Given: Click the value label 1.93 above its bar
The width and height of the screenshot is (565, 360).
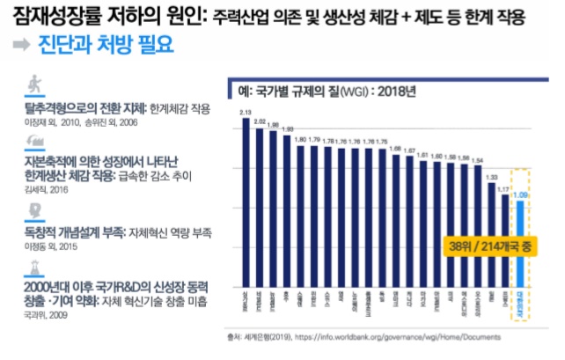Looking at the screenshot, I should pos(287,129).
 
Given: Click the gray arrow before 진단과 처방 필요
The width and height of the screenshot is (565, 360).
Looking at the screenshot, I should pos(18,46).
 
